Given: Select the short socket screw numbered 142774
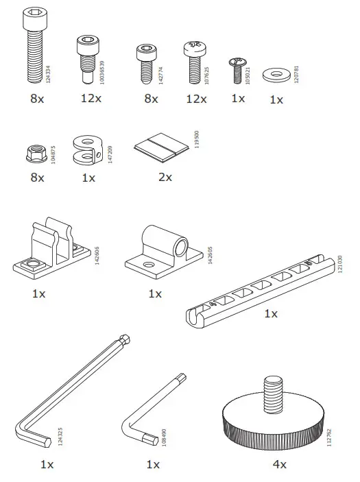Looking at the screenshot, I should tap(147, 62).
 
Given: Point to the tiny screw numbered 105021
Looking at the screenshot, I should tap(237, 69).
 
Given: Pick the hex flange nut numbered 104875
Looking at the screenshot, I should tap(36, 152).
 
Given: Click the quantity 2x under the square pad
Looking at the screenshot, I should tap(165, 177).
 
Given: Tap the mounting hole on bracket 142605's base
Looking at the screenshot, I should tap(147, 264).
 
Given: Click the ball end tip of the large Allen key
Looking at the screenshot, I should tap(125, 339).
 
